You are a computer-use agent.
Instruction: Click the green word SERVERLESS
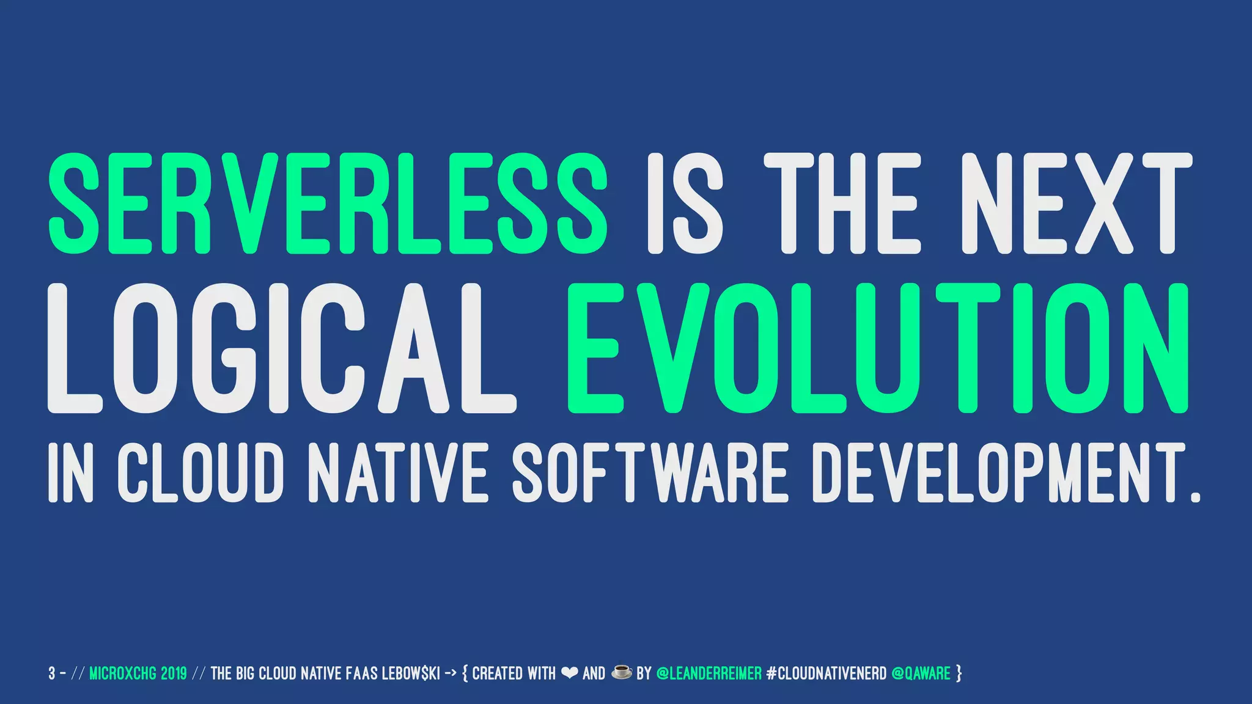coord(328,203)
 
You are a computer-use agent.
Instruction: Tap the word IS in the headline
coord(685,203)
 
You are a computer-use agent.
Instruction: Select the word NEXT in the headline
coord(1077,203)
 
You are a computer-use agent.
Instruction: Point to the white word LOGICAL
coord(281,348)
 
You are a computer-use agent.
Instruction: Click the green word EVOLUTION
coord(878,348)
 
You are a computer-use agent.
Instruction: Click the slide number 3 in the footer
coord(52,673)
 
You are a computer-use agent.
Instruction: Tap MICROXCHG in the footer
coord(123,673)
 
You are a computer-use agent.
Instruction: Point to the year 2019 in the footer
coord(174,673)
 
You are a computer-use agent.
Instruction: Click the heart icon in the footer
coord(569,673)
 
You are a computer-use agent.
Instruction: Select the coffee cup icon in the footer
coord(622,673)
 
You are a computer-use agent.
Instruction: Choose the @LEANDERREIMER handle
coord(709,673)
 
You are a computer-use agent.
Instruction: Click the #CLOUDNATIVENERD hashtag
coord(826,673)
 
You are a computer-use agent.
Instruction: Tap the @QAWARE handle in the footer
coord(921,673)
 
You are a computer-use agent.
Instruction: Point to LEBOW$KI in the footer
coord(411,673)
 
